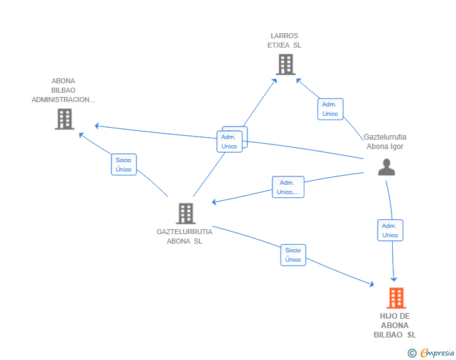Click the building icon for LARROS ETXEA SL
pyautogui.click(x=286, y=64)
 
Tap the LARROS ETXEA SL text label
pyautogui.click(x=284, y=41)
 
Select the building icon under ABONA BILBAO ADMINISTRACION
pyautogui.click(x=65, y=119)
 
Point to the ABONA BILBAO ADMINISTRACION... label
pyautogui.click(x=63, y=90)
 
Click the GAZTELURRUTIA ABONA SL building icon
pyautogui.click(x=186, y=213)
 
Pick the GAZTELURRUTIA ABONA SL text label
pyautogui.click(x=184, y=237)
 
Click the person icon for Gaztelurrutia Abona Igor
pyautogui.click(x=386, y=167)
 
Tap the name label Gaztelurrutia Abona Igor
pyautogui.click(x=385, y=141)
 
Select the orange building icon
pyautogui.click(x=396, y=298)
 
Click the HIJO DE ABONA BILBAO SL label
pyautogui.click(x=395, y=326)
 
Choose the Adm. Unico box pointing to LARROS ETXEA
pyautogui.click(x=330, y=109)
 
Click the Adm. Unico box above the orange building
pyautogui.click(x=390, y=230)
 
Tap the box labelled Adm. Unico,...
pyautogui.click(x=288, y=187)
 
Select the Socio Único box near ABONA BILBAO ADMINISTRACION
pyautogui.click(x=124, y=164)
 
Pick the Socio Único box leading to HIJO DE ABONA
pyautogui.click(x=293, y=255)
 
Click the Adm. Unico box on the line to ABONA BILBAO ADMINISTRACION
pyautogui.click(x=229, y=141)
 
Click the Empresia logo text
pyautogui.click(x=437, y=353)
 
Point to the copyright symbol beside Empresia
pyautogui.click(x=412, y=353)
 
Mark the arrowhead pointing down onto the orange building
pyautogui.click(x=394, y=279)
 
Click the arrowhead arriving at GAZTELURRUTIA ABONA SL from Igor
pyautogui.click(x=214, y=202)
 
